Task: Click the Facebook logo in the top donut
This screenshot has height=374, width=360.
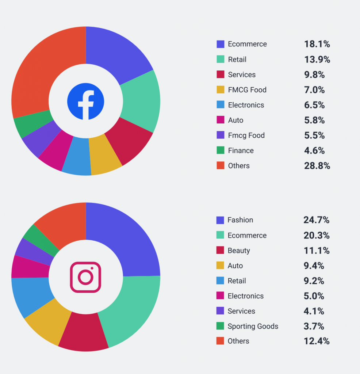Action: pyautogui.click(x=86, y=101)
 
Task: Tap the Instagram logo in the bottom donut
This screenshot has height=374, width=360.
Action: pyautogui.click(x=85, y=277)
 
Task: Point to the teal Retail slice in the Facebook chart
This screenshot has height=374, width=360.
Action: pyautogui.click(x=141, y=100)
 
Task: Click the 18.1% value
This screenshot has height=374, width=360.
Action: pyautogui.click(x=317, y=44)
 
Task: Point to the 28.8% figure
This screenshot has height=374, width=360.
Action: pyautogui.click(x=317, y=166)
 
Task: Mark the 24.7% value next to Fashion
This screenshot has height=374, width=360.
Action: pyautogui.click(x=316, y=220)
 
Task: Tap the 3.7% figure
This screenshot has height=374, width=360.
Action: pyautogui.click(x=314, y=326)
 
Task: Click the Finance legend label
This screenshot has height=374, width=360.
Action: pyautogui.click(x=241, y=150)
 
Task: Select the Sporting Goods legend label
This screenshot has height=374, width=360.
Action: pyautogui.click(x=253, y=326)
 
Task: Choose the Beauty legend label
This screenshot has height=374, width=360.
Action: pyautogui.click(x=239, y=251)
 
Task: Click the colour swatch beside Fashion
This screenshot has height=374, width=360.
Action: pyautogui.click(x=220, y=220)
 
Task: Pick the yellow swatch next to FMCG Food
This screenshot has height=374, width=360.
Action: pyautogui.click(x=220, y=90)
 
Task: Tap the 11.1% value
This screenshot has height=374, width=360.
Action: pyautogui.click(x=316, y=251)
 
